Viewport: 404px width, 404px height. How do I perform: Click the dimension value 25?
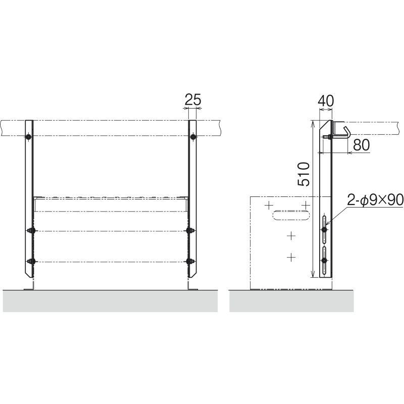click(193, 99)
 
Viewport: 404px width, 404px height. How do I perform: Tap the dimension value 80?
click(361, 145)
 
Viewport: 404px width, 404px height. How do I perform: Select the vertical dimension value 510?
click(304, 174)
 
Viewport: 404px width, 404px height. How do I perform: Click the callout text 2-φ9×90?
click(375, 199)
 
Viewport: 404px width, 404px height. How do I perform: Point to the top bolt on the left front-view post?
click(28, 136)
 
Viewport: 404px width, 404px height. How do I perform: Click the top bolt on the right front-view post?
click(193, 136)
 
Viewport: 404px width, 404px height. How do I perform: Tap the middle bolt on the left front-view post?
click(31, 230)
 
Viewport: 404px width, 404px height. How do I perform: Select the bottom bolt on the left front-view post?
click(31, 261)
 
